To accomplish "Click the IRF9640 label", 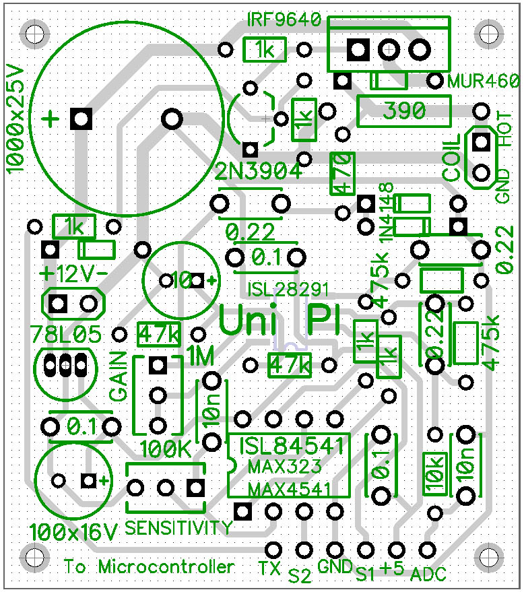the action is [x=284, y=19].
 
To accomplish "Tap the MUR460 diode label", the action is [x=484, y=81].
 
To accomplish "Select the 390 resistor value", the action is [x=404, y=110].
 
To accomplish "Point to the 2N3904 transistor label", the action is [x=258, y=172].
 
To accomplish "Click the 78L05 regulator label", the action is [x=66, y=335].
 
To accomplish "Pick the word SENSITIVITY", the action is [x=178, y=527].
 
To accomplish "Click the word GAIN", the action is [x=118, y=376].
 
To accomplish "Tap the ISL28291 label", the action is [x=288, y=290].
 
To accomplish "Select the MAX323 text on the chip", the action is [x=285, y=467].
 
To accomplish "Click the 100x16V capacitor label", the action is [x=74, y=532].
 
